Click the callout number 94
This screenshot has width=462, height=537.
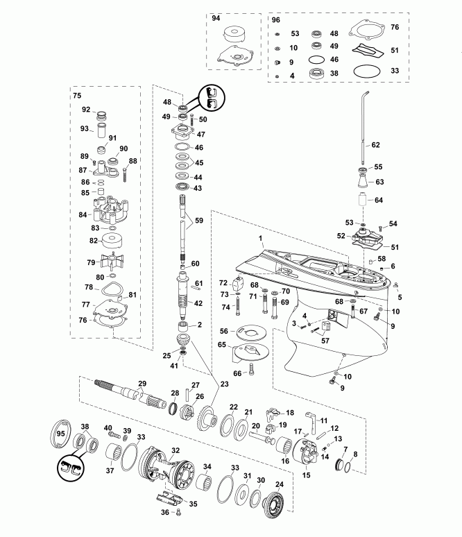pyautogui.click(x=215, y=19)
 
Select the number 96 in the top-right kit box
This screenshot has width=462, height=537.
pyautogui.click(x=275, y=19)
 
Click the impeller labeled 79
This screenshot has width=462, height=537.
pyautogui.click(x=111, y=264)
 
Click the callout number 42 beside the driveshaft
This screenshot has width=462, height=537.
pyautogui.click(x=198, y=302)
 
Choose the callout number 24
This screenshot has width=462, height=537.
pyautogui.click(x=279, y=484)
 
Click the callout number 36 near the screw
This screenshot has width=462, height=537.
pyautogui.click(x=164, y=512)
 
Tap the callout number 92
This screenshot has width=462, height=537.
pyautogui.click(x=87, y=109)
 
